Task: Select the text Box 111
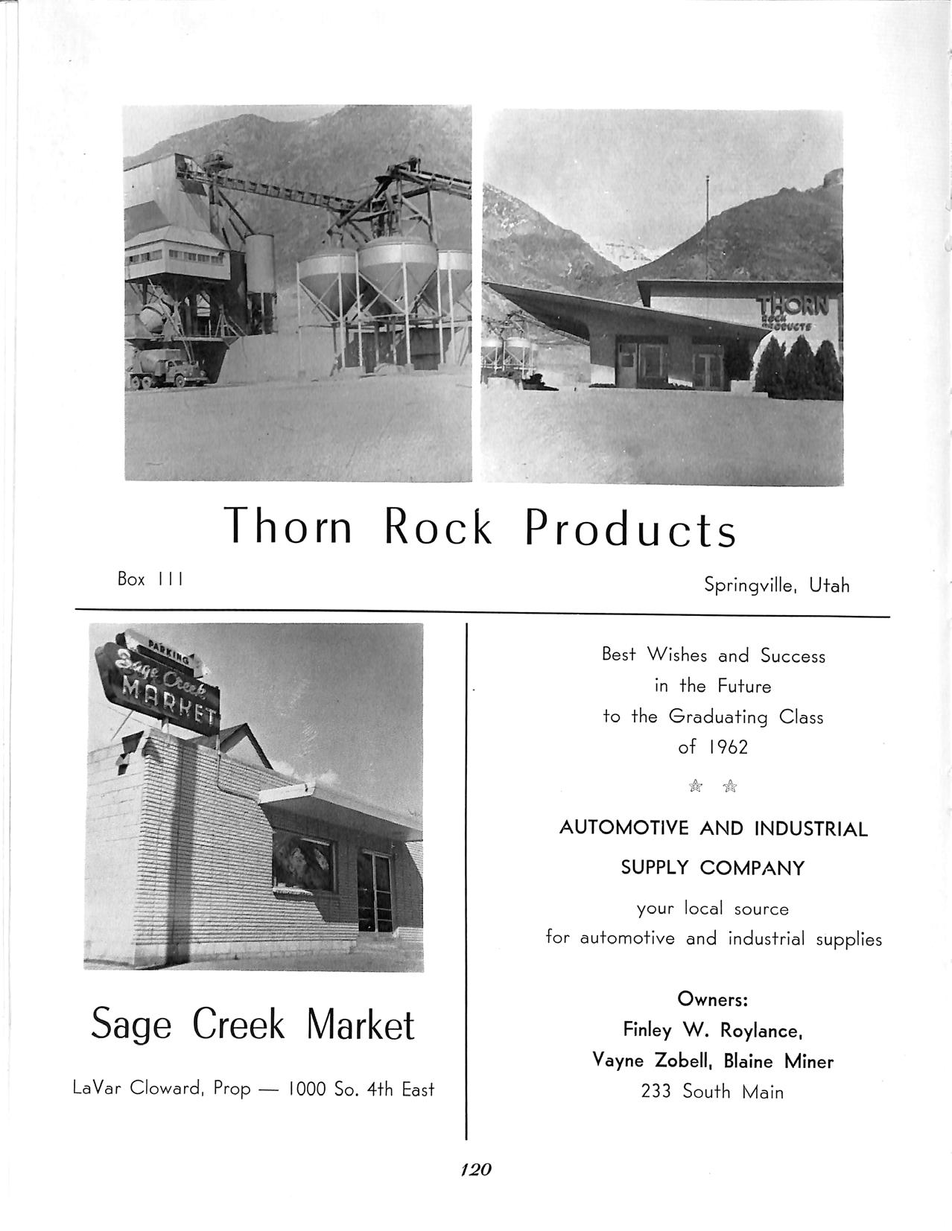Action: point(150,579)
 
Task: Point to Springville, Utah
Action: point(776,585)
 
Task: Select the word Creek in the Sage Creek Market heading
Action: point(238,1025)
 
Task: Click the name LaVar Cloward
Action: point(139,1089)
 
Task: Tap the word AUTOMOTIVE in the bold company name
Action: point(627,829)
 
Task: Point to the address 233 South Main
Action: point(712,1092)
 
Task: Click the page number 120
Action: point(476,1169)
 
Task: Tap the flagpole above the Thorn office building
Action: point(706,223)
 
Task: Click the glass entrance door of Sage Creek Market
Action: point(375,894)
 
